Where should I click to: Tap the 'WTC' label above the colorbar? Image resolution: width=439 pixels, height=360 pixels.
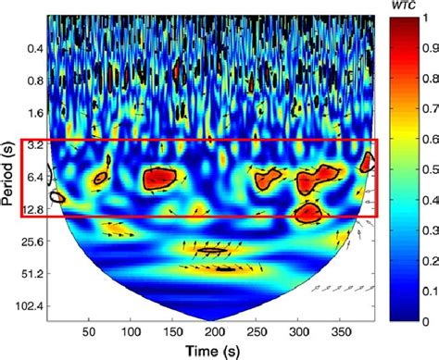tap(403, 7)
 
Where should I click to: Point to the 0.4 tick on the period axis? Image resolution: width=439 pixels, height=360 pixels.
tap(34, 48)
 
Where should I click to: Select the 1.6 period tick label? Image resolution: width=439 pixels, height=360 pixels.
tap(34, 113)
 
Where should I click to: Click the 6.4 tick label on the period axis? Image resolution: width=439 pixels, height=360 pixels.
tap(34, 178)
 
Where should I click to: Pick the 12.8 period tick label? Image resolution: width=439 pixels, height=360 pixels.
tap(31, 210)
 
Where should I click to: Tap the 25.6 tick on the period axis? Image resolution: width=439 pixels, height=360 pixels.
tap(31, 242)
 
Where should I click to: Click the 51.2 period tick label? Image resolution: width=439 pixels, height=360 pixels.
tap(31, 275)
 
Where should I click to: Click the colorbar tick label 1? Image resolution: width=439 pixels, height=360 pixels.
tap(429, 19)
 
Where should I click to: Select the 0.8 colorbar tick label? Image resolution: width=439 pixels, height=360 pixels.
tap(433, 80)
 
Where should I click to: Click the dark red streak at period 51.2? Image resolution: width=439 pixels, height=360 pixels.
tap(222, 268)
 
